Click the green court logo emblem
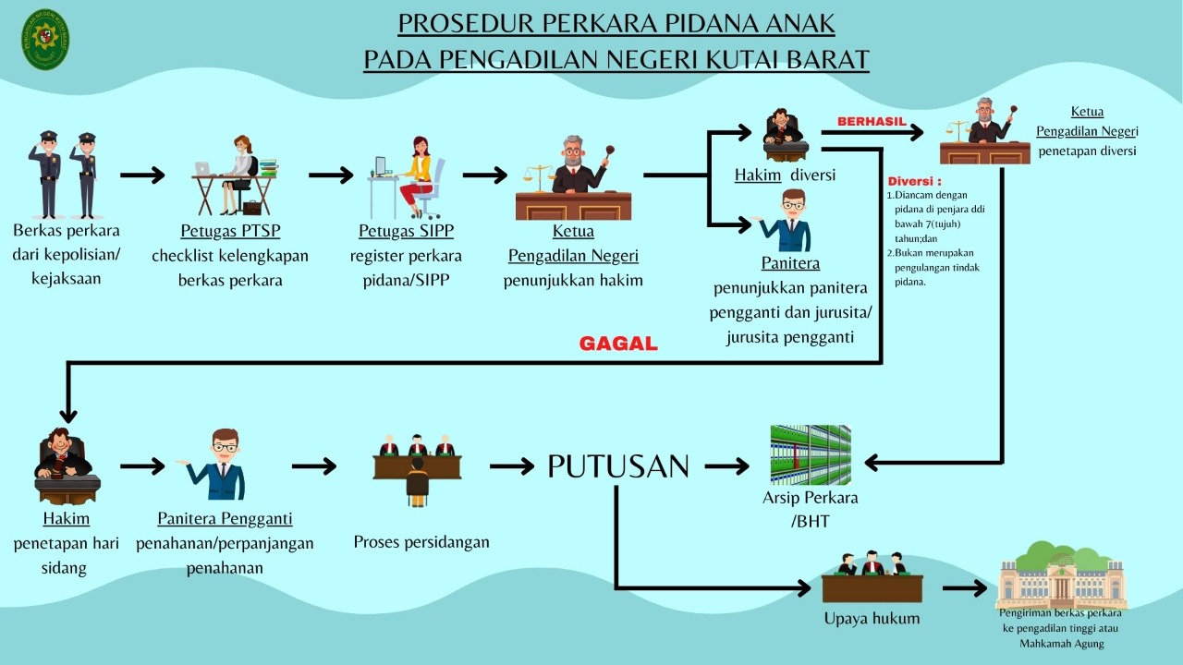[45, 40]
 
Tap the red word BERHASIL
[872, 121]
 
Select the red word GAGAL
[618, 344]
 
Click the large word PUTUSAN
[618, 466]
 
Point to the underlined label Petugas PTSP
[230, 231]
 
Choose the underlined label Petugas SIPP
[407, 231]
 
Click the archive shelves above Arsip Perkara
[811, 454]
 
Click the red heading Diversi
[914, 181]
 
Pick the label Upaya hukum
[872, 619]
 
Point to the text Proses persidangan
[421, 542]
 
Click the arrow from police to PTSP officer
[142, 175]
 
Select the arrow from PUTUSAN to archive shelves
[726, 466]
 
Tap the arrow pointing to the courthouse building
[965, 588]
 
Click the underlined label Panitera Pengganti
[225, 518]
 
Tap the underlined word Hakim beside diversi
[758, 175]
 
